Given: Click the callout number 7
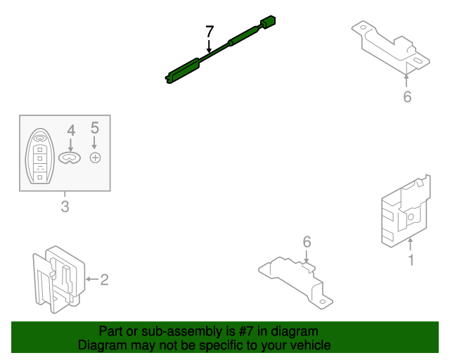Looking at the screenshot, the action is (x=210, y=32).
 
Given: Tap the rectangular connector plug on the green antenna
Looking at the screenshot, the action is (x=268, y=22).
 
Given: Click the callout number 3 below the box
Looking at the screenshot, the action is (x=65, y=207).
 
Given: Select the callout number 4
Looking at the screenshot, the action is (x=71, y=131).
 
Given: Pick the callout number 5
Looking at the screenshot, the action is (x=95, y=128).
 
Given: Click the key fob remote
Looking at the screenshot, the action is (x=40, y=156).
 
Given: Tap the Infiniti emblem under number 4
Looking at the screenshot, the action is (x=70, y=157).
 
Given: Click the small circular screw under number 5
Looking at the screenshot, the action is (x=96, y=157).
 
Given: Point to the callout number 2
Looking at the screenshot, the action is (x=105, y=280).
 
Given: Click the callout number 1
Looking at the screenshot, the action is (x=411, y=260).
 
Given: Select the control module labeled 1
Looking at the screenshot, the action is (x=406, y=211).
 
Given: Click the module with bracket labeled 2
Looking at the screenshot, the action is (x=59, y=280).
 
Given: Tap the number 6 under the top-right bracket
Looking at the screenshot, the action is (x=407, y=97).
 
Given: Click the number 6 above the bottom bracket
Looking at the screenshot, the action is (x=307, y=242).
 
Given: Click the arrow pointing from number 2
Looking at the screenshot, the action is (x=92, y=279).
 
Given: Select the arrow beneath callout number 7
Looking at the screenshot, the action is (x=210, y=46).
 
